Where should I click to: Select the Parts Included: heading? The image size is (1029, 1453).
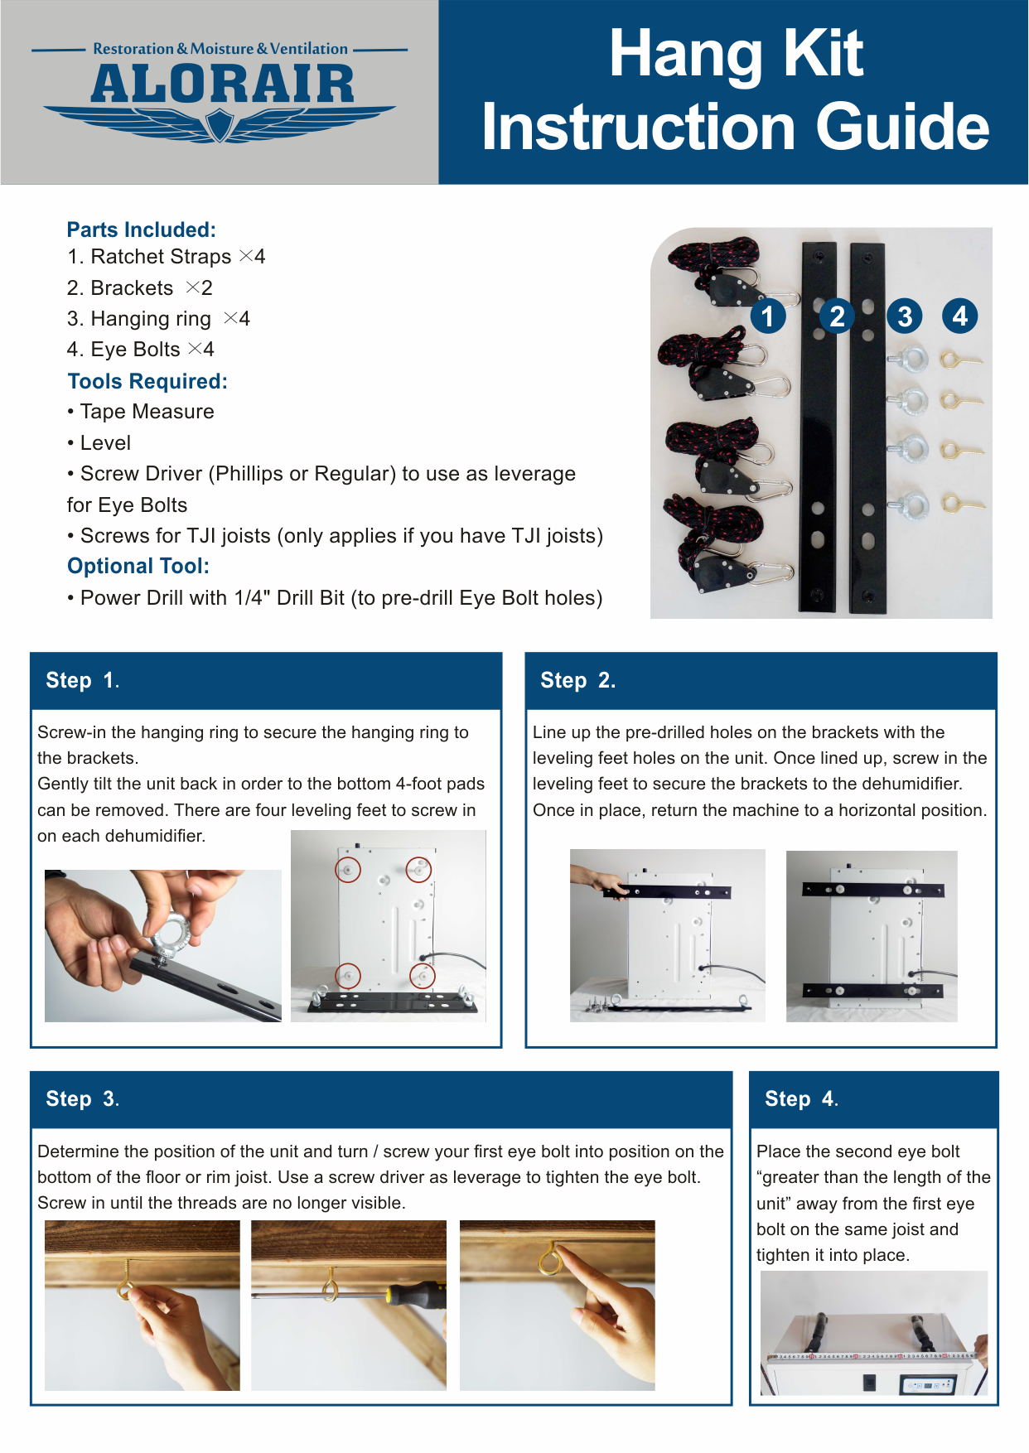pos(142,229)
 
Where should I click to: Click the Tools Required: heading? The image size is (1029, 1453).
pos(147,381)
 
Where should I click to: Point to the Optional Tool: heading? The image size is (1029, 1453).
pos(138,566)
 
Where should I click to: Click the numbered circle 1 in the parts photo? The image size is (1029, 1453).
pos(768,316)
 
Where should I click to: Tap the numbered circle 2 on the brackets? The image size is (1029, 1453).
pos(837,316)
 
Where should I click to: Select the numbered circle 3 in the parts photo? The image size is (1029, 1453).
pos(905,316)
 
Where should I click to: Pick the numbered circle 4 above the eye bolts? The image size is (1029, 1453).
pos(960,316)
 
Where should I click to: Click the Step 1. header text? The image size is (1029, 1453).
pos(83,680)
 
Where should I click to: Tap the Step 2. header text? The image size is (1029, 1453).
pos(577,680)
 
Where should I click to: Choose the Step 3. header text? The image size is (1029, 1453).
pos(83,1098)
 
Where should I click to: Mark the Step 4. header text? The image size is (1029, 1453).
pos(801,1098)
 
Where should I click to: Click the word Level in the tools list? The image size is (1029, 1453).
pos(105,443)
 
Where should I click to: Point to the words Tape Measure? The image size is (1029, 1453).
pos(147,412)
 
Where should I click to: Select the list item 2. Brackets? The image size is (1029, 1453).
pos(120,287)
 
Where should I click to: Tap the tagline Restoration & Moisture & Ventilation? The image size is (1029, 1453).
pos(220,49)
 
